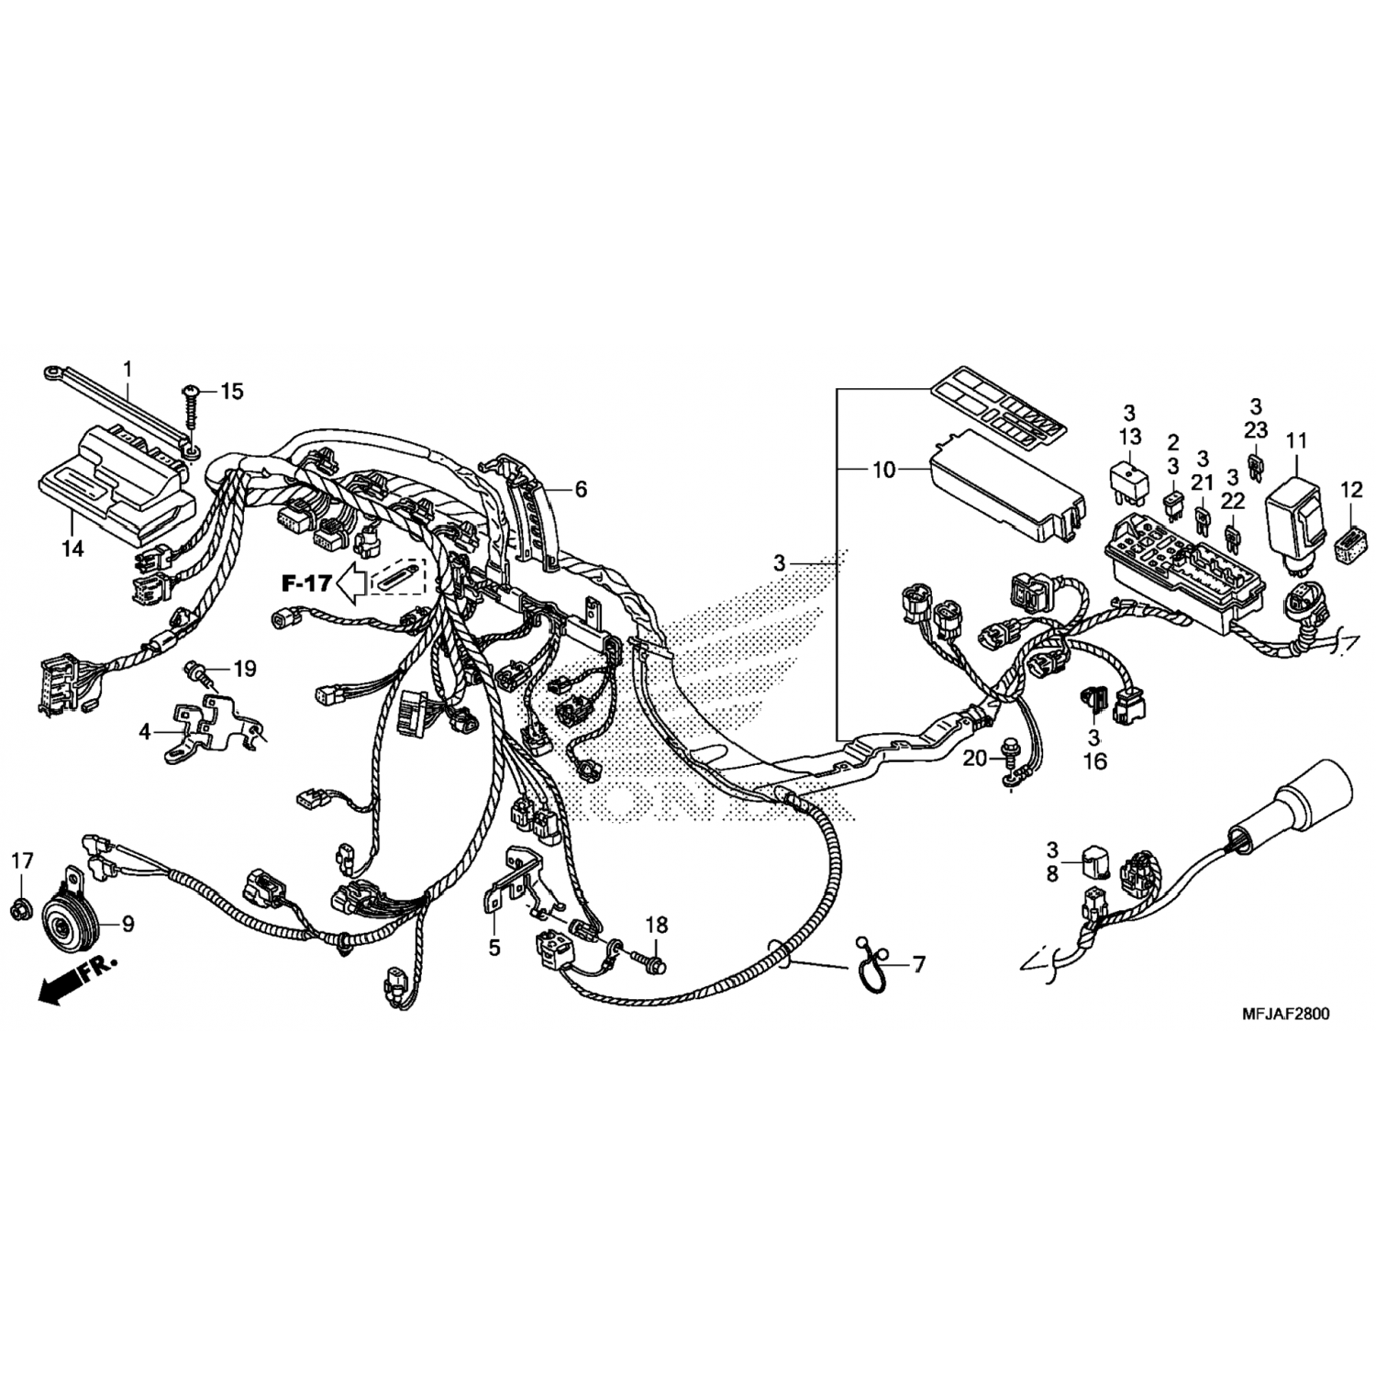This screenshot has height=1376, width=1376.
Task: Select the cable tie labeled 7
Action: [868, 964]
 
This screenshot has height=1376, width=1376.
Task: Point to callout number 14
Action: [72, 548]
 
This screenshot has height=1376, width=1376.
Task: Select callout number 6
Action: [581, 489]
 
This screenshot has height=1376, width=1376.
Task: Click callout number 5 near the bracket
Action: [494, 948]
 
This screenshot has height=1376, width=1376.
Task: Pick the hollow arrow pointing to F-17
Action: [353, 581]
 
